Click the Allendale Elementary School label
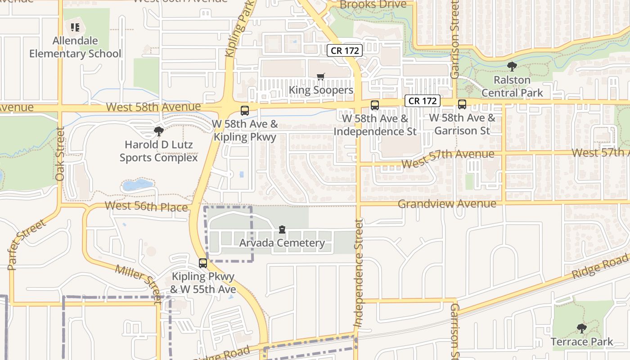(x=75, y=47)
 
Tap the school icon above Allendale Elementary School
(x=75, y=27)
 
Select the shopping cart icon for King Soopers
(x=320, y=77)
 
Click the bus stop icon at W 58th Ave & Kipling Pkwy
(x=245, y=110)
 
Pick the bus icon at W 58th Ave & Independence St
(x=374, y=105)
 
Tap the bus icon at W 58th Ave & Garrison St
(x=462, y=104)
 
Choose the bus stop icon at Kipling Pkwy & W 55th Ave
(x=203, y=263)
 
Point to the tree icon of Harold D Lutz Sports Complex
(x=158, y=131)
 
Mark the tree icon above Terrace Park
(x=581, y=328)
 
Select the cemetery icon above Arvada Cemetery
(x=282, y=229)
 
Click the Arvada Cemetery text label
(x=282, y=243)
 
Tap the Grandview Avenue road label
(x=447, y=204)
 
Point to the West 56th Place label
(x=146, y=207)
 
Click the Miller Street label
(x=139, y=283)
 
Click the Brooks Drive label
(x=373, y=4)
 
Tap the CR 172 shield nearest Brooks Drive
(x=345, y=50)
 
